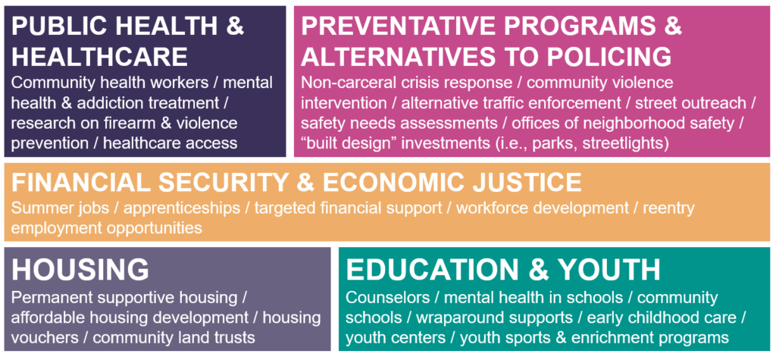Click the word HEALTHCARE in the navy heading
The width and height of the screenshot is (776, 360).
pos(99,57)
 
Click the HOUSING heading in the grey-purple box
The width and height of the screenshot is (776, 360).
pos(80,270)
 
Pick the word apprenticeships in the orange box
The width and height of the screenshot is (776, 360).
pos(182,208)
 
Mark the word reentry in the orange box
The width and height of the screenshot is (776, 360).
pos(668,208)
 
